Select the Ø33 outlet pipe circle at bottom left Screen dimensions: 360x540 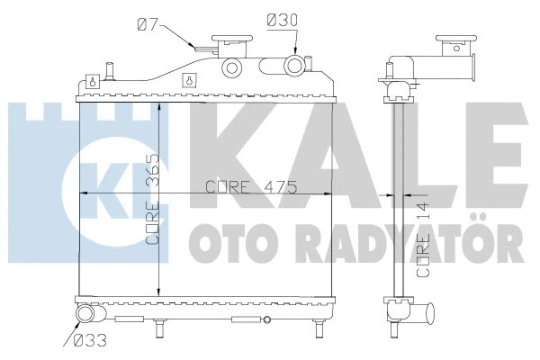[85, 315]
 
